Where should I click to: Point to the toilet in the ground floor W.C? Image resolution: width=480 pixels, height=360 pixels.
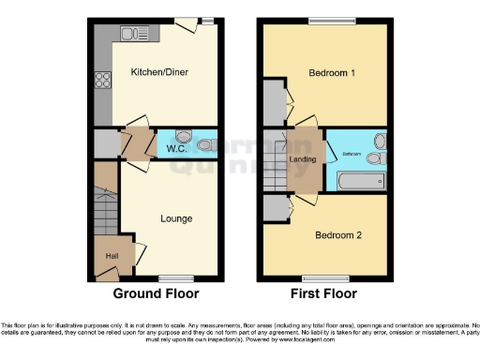point(206,144)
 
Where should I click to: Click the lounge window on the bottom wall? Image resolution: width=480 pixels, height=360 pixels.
point(175,278)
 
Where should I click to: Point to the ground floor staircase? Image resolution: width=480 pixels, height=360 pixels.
point(106,197)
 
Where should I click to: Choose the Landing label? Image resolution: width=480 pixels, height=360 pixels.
point(303,158)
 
